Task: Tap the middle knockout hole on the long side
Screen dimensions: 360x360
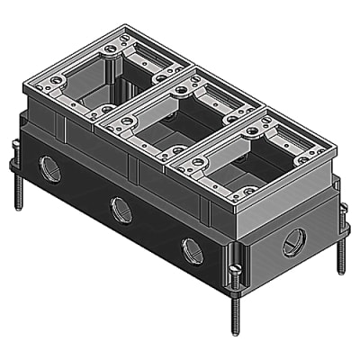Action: click(x=121, y=211)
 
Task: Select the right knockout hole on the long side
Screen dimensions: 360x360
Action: click(x=193, y=252)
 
